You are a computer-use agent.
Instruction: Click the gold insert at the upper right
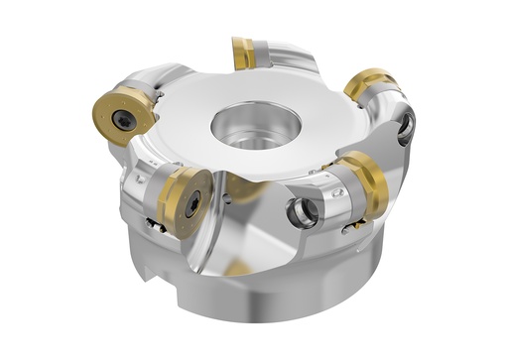pyautogui.click(x=369, y=84)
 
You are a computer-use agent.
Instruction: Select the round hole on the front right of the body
pyautogui.click(x=301, y=212)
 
